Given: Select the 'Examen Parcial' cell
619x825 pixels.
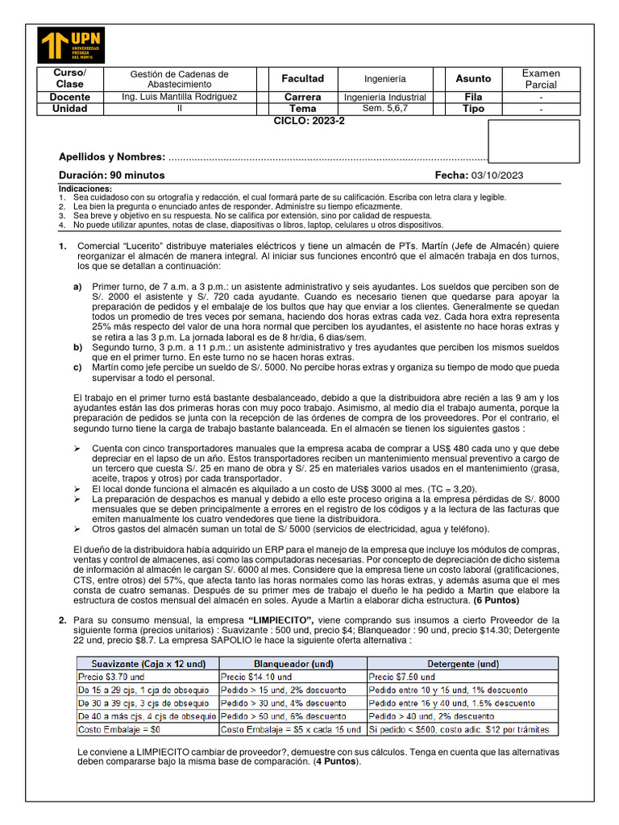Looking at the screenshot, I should [541, 79].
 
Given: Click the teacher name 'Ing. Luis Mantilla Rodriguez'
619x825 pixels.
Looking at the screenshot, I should [179, 97].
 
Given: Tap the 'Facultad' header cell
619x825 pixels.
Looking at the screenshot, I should [302, 79].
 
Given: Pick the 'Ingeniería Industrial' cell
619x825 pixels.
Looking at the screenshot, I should [384, 97].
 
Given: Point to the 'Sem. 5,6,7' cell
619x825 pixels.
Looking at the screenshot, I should [384, 109].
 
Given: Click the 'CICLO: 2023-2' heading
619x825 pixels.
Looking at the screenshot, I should [309, 120].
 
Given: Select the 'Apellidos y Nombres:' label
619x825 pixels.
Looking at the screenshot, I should [112, 157].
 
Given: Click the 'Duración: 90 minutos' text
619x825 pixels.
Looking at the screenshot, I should [111, 175].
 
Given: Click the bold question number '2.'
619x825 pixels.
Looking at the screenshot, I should [63, 619].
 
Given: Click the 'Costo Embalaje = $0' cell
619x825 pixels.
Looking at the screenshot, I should [117, 729].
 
